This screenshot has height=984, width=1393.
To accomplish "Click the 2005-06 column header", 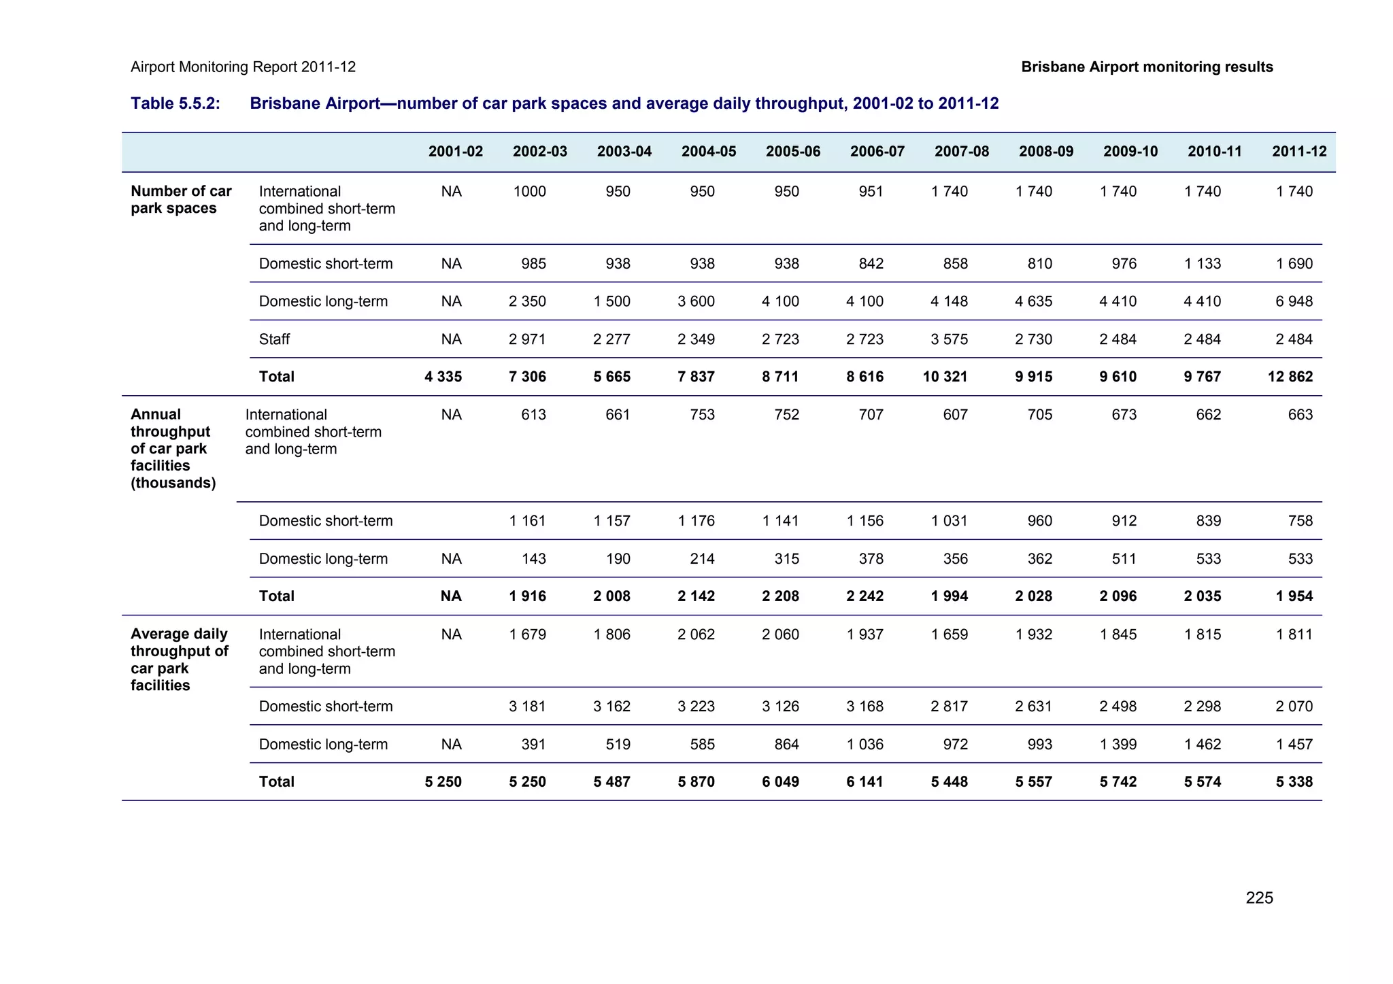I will click(x=792, y=152).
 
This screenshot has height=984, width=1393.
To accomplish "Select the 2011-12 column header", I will click(x=1298, y=152).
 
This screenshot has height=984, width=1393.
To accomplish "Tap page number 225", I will click(x=1259, y=898).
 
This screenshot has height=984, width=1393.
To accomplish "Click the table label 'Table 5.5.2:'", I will click(x=175, y=103).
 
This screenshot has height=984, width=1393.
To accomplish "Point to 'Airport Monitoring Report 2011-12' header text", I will click(x=243, y=67).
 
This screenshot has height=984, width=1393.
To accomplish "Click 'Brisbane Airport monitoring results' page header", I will click(x=1147, y=67).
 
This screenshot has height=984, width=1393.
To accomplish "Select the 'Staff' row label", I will click(x=274, y=339).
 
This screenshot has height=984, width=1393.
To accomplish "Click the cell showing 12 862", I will click(x=1290, y=377).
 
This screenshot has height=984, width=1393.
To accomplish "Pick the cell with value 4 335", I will click(x=443, y=377).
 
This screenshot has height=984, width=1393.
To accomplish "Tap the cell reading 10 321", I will click(x=945, y=377).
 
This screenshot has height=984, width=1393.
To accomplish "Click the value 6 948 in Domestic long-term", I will click(x=1294, y=301).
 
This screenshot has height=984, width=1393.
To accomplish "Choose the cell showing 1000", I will click(x=529, y=191).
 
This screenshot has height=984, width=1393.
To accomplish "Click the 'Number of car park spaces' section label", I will click(x=181, y=199).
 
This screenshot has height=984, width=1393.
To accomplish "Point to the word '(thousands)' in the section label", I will click(x=173, y=483).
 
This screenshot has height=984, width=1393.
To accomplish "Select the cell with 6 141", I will click(x=865, y=782).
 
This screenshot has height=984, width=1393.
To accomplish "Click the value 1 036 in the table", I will click(x=865, y=744).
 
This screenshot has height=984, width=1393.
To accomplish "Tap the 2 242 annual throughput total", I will click(x=865, y=596).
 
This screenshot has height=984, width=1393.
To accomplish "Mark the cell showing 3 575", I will click(x=949, y=339).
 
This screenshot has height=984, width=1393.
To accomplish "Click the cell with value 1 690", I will click(x=1294, y=263).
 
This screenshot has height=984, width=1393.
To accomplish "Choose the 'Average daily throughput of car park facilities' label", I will click(x=179, y=659).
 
